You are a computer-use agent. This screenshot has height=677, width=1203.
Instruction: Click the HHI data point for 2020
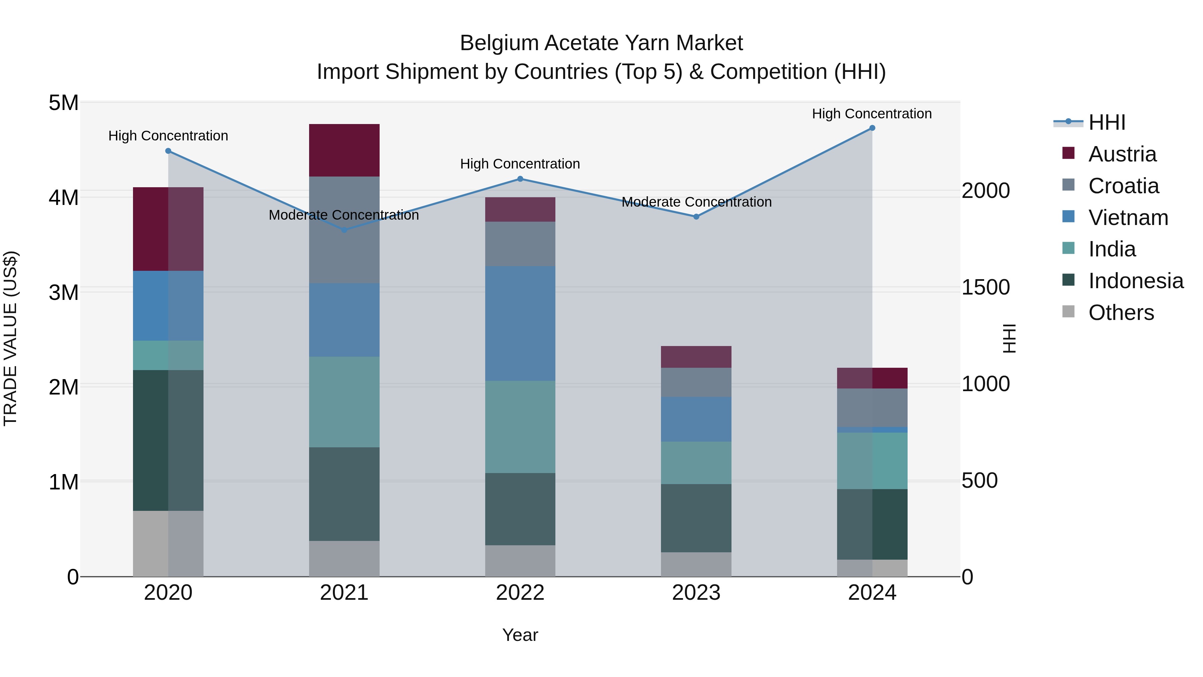168,151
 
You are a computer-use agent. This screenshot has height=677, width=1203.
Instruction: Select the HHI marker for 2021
344,230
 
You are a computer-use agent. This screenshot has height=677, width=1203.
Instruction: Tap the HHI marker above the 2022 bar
520,179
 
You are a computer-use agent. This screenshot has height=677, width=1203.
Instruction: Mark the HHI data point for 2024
872,128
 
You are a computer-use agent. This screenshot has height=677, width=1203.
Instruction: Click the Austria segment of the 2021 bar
344,150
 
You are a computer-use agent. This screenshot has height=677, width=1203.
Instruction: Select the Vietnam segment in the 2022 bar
520,323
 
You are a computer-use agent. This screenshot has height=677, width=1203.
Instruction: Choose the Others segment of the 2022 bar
520,561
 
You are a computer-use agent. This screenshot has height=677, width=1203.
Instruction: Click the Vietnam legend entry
1128,218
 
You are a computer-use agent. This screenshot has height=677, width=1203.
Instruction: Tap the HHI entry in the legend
1106,122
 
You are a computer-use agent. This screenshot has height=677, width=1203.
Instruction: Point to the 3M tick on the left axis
64,293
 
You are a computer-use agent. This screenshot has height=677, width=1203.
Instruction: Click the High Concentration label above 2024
872,114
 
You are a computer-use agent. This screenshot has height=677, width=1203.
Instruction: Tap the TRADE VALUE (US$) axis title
10,338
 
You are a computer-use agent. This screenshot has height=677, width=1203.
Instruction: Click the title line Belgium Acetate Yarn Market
601,43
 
